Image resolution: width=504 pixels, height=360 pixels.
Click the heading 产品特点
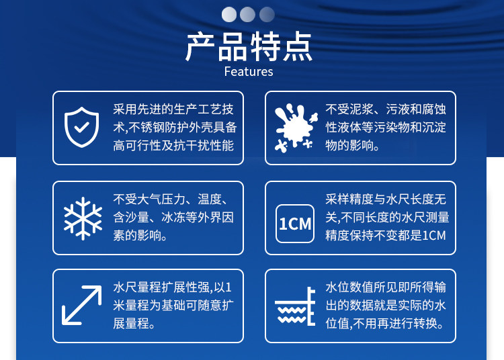click(249, 46)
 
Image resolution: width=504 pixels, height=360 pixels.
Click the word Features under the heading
click(249, 72)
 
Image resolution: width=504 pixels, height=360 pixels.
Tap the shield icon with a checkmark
click(81, 127)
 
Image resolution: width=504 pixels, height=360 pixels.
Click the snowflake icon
click(83, 218)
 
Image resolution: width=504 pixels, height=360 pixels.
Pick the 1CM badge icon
click(295, 224)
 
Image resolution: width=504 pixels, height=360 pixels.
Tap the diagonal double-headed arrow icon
click(81, 305)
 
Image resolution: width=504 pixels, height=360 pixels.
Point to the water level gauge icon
click(295, 306)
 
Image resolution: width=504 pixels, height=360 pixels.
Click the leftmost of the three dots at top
click(229, 15)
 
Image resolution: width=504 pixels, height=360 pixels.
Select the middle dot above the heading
click(247, 15)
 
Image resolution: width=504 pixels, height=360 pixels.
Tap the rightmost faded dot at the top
click(267, 15)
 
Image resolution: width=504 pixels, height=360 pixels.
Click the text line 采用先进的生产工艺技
click(173, 109)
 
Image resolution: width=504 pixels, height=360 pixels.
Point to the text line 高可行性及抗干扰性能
click(173, 146)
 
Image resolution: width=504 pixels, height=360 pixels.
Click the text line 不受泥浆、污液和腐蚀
click(386, 109)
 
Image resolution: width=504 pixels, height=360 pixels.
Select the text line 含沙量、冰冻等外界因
click(173, 218)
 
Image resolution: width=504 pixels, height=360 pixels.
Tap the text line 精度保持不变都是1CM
click(386, 235)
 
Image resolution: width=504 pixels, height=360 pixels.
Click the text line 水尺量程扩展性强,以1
click(172, 287)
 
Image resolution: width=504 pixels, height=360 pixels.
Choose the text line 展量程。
click(134, 323)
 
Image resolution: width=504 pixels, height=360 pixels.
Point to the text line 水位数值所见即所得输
click(386, 287)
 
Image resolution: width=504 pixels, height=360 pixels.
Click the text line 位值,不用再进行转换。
click(385, 323)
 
